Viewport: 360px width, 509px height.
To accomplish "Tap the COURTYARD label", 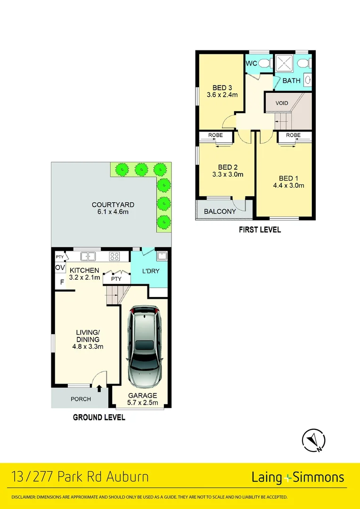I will [113, 205].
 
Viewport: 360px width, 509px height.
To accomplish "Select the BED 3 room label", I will [222, 87].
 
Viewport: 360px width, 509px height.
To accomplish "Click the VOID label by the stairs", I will [282, 103].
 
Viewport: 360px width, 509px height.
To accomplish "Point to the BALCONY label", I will [220, 212].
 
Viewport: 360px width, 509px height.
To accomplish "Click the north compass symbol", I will [313, 440].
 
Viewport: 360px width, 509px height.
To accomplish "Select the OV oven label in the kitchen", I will [60, 268].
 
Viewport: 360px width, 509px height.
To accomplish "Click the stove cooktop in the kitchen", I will [115, 256].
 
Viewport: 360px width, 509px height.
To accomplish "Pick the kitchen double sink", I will [88, 256].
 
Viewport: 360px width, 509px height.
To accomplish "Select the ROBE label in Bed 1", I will [293, 135].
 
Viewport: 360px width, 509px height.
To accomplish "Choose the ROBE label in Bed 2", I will [216, 135].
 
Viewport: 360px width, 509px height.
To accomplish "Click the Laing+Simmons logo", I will [297, 477].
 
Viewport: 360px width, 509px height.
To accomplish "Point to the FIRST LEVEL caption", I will [260, 230].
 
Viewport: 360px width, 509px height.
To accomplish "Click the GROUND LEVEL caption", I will [99, 417].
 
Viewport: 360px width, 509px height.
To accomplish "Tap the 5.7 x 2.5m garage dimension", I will [142, 403].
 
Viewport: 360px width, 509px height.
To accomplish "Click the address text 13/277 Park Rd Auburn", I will [79, 476].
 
